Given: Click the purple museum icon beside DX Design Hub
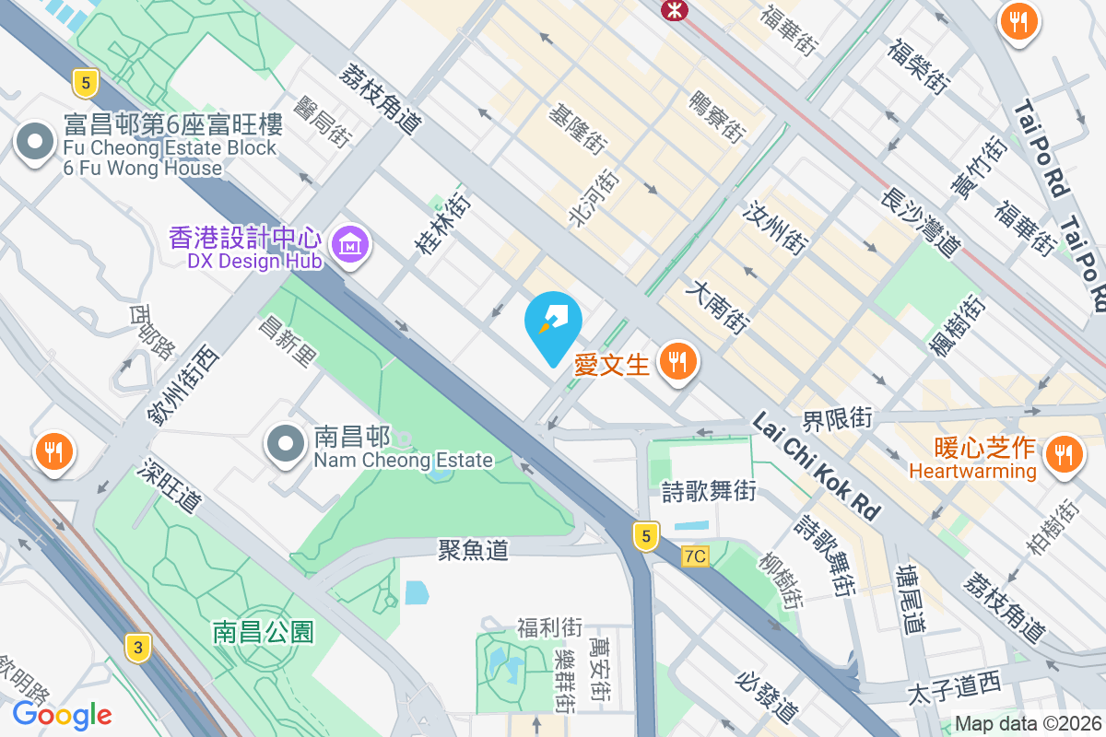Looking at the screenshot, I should click(x=351, y=244).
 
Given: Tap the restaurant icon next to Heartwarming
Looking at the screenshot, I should click(x=1064, y=454).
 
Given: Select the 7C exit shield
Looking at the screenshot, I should click(x=696, y=556).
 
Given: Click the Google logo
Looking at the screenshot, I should click(x=62, y=714).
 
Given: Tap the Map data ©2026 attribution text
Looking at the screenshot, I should click(x=1027, y=724).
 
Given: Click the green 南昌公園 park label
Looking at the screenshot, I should click(x=264, y=632).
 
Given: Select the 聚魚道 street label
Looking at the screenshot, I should click(x=473, y=550).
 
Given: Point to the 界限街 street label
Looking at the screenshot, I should click(x=837, y=419).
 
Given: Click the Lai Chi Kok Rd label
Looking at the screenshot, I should click(x=817, y=465).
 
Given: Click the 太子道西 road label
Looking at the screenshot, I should click(x=953, y=684).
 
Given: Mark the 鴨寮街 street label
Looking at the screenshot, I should click(x=716, y=116).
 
